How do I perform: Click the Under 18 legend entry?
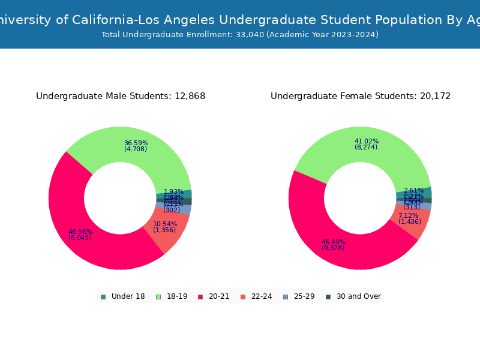point(122,296)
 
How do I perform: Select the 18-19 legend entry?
point(172,296)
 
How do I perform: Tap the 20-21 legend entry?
point(213,296)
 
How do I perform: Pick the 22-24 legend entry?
point(256,296)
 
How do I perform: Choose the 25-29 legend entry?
point(298,296)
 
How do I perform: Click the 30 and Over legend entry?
point(353,296)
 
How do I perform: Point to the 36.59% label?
point(136,143)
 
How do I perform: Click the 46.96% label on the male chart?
point(80,232)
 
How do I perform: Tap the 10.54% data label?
point(165,224)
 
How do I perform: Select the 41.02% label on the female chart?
point(367,142)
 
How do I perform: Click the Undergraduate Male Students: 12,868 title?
point(121,97)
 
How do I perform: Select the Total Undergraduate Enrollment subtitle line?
point(240,35)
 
